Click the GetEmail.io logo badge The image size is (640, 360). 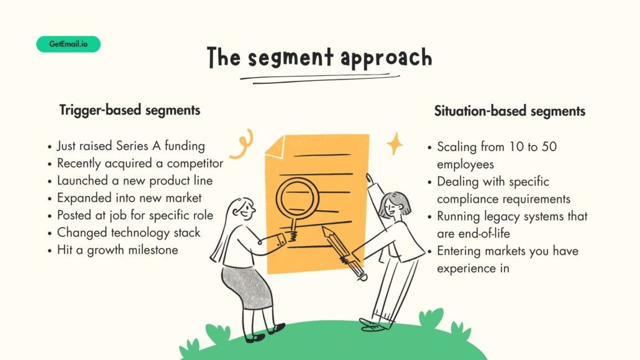click(x=68, y=44)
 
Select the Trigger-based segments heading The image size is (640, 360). click(x=130, y=110)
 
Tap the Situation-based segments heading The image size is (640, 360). click(x=510, y=111)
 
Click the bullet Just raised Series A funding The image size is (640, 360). click(x=130, y=146)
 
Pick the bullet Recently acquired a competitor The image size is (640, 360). click(x=140, y=164)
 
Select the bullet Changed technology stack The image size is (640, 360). click(x=129, y=233)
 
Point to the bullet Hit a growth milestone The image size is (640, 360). click(x=117, y=250)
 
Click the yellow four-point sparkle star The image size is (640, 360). click(x=395, y=144)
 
